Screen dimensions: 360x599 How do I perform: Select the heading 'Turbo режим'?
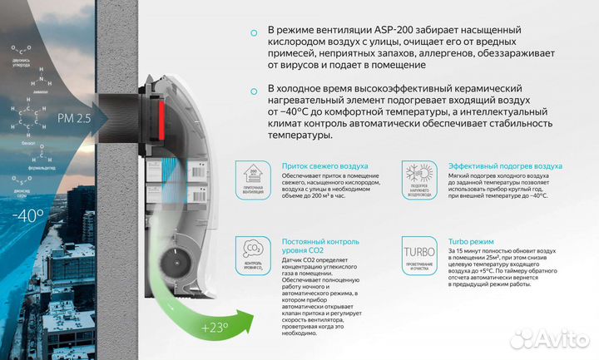471,240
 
